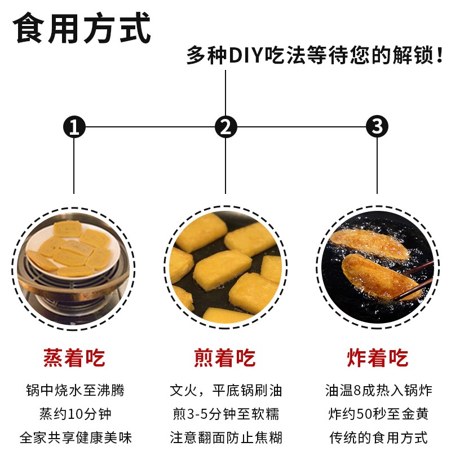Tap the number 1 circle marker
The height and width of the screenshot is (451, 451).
[74, 127]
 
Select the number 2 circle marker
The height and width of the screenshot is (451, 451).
[225, 127]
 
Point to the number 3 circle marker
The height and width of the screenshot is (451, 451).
[377, 127]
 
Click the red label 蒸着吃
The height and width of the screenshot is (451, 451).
[74, 358]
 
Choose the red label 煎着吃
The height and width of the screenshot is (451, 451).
[225, 358]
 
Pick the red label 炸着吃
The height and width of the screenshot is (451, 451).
[377, 358]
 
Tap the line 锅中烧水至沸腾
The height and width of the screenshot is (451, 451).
[75, 390]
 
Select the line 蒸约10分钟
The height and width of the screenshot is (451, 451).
[75, 414]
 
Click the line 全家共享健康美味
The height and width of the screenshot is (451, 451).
[75, 437]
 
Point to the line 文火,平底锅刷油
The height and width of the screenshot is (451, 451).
[225, 390]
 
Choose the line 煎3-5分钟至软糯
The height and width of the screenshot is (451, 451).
[225, 414]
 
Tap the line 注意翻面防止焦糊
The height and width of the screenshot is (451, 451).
[225, 437]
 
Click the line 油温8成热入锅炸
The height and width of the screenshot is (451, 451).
[378, 390]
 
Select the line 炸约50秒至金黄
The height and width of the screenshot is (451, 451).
[378, 414]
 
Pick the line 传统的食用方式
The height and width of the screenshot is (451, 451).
[378, 437]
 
